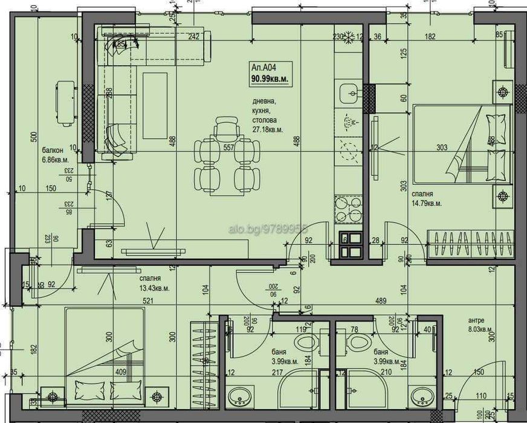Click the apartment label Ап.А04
point(263,67)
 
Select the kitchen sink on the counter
point(349,94)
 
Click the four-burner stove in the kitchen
point(348,209)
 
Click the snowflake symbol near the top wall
point(349,37)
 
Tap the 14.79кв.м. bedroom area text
point(427,204)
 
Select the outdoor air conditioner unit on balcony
point(65,103)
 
